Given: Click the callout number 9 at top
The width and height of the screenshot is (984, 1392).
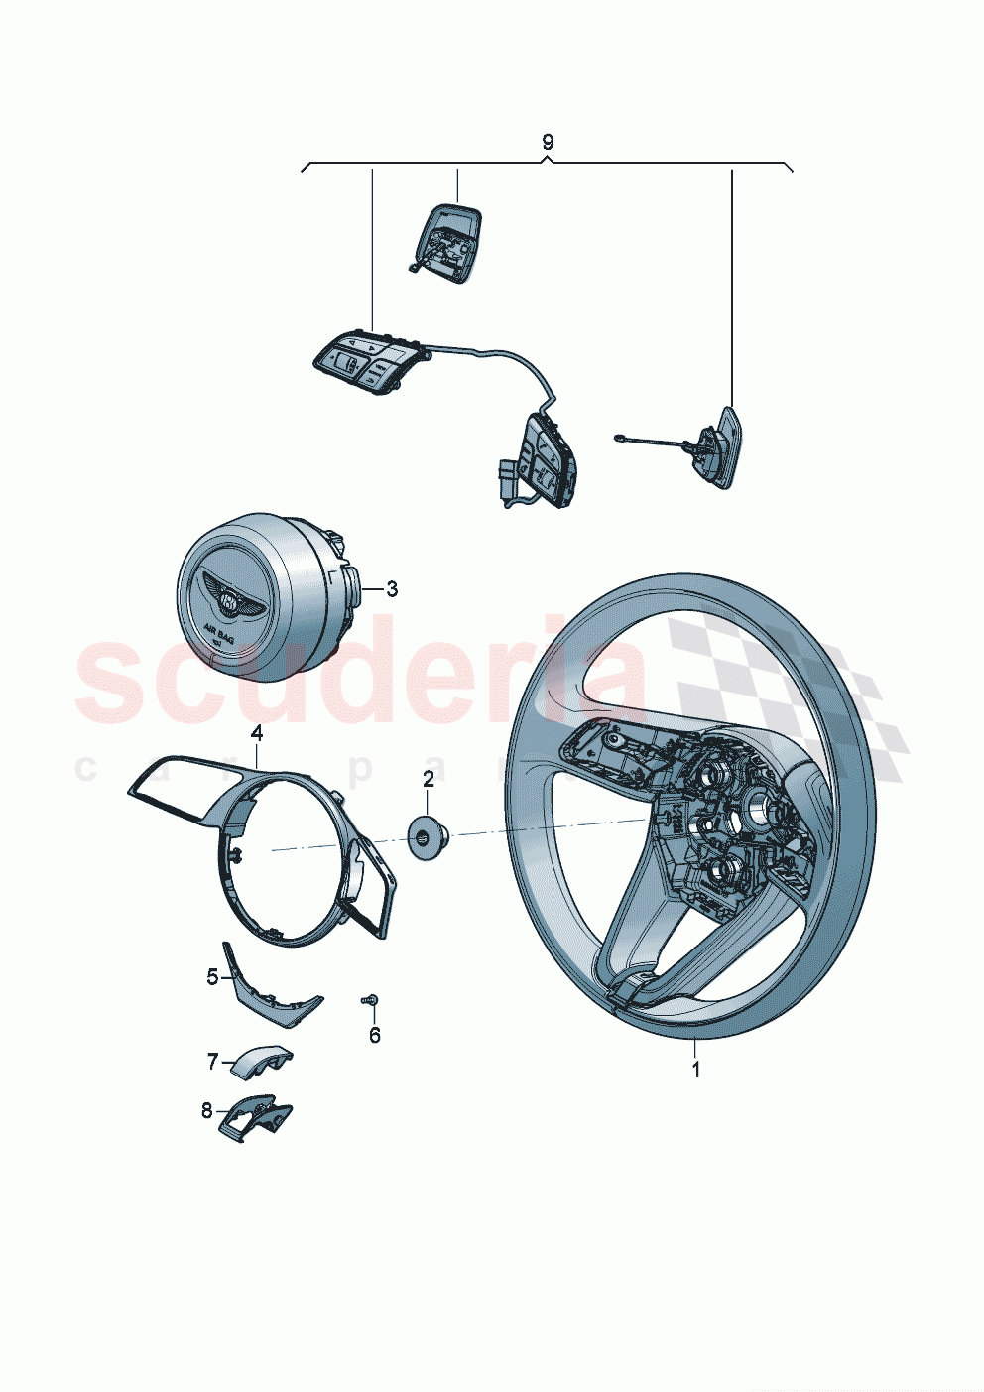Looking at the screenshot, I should click(x=548, y=142).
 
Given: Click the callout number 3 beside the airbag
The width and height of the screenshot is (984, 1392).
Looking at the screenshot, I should click(x=392, y=589).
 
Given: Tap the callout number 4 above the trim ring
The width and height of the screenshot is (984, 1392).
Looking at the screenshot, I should click(x=257, y=733).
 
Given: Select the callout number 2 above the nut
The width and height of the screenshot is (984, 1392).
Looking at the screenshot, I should click(x=429, y=779).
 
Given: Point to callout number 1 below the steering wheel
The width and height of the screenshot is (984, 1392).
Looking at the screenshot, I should click(x=696, y=1071).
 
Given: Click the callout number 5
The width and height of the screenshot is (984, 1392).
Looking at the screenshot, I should click(x=212, y=977).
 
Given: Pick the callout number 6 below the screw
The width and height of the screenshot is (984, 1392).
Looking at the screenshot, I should click(x=374, y=1036).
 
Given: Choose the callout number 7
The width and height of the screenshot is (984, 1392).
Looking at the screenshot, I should click(x=212, y=1062).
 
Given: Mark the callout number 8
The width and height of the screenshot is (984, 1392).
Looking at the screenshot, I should click(x=207, y=1111).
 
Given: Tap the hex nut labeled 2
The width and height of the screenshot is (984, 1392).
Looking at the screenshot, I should click(x=428, y=836).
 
